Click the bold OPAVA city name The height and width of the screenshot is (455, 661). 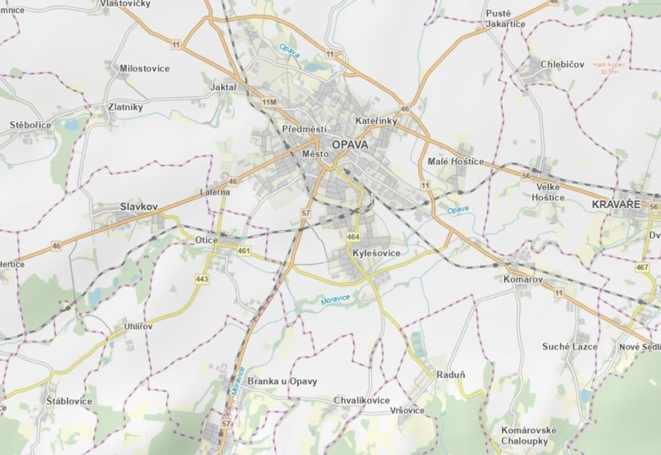click(x=350, y=144)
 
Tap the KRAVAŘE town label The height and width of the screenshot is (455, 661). click(x=616, y=204)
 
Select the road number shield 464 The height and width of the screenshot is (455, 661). click(x=353, y=236)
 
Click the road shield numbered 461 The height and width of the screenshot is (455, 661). click(x=245, y=251)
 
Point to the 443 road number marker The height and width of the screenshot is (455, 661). click(x=201, y=279)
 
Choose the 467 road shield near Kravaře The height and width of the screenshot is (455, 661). click(x=642, y=267)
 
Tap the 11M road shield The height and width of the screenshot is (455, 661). click(x=269, y=102)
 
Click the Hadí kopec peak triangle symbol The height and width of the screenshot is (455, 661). click(x=608, y=57)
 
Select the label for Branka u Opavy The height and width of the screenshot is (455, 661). click(x=283, y=381)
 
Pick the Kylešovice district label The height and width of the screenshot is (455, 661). click(x=376, y=253)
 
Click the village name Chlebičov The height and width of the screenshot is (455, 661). click(x=563, y=64)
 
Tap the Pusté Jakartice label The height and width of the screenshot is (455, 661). click(x=505, y=18)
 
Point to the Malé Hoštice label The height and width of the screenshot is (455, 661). click(x=455, y=162)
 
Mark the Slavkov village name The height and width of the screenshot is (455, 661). click(x=139, y=206)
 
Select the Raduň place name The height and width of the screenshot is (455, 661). click(x=451, y=375)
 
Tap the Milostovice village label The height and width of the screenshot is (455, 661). click(x=144, y=68)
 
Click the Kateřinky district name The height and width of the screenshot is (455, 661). click(x=375, y=121)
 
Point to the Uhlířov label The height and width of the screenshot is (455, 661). click(x=138, y=327)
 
